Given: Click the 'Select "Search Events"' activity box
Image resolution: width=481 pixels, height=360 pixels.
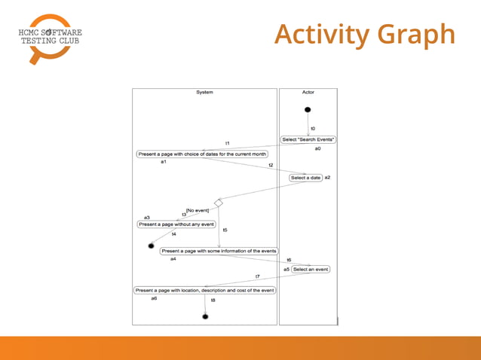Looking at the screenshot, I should pyautogui.click(x=308, y=139).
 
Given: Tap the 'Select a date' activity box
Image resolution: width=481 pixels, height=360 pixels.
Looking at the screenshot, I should pyautogui.click(x=305, y=178).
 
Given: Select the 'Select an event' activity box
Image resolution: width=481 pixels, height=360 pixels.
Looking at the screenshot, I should pyautogui.click(x=311, y=269).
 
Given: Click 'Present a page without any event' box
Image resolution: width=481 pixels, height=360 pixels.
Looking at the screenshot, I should pyautogui.click(x=176, y=224).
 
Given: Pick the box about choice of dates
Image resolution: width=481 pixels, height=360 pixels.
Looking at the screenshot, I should pyautogui.click(x=202, y=154).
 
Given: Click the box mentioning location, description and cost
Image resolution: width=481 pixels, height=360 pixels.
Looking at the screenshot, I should pyautogui.click(x=205, y=290).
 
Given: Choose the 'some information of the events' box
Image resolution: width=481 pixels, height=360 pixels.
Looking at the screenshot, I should pyautogui.click(x=219, y=251).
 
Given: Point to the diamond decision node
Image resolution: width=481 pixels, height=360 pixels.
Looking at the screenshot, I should pyautogui.click(x=219, y=203).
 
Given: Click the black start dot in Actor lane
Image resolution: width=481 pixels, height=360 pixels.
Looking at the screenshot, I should pyautogui.click(x=308, y=110).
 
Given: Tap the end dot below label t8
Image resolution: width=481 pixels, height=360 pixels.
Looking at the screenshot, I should pyautogui.click(x=205, y=316).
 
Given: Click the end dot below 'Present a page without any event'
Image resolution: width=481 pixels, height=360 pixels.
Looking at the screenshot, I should pyautogui.click(x=152, y=246).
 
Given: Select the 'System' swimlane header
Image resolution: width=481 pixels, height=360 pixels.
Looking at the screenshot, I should pyautogui.click(x=204, y=93).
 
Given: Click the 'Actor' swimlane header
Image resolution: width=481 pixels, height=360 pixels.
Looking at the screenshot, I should pyautogui.click(x=308, y=93).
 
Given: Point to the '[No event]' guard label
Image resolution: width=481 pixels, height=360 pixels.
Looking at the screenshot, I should pyautogui.click(x=198, y=210).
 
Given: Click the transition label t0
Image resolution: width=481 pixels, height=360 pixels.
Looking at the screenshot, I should pyautogui.click(x=313, y=129).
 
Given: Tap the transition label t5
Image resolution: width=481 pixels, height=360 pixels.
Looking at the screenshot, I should pyautogui.click(x=225, y=230).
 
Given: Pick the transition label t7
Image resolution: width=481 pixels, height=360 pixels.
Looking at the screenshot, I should pyautogui.click(x=257, y=276).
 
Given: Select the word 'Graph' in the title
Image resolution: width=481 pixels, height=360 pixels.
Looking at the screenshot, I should pyautogui.click(x=417, y=34).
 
